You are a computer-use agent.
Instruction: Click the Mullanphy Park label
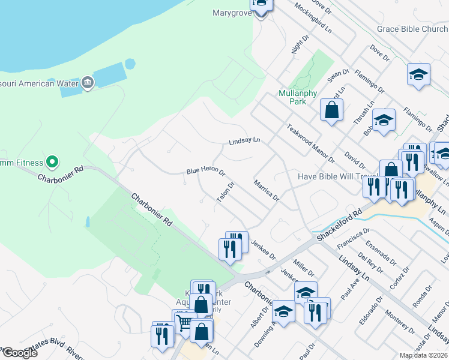[292, 97]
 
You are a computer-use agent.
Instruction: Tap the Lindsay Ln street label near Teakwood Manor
[244, 142]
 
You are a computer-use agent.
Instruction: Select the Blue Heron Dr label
[205, 172]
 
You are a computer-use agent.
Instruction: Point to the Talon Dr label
[225, 193]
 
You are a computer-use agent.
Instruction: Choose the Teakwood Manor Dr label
[310, 144]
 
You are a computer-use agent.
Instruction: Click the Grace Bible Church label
[412, 29]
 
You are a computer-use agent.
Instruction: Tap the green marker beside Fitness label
[52, 161]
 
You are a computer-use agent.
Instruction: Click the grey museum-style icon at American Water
[88, 82]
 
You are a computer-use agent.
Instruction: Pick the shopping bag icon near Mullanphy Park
[332, 110]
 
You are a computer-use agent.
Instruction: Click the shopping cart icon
[184, 323]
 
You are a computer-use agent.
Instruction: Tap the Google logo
[20, 353]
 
